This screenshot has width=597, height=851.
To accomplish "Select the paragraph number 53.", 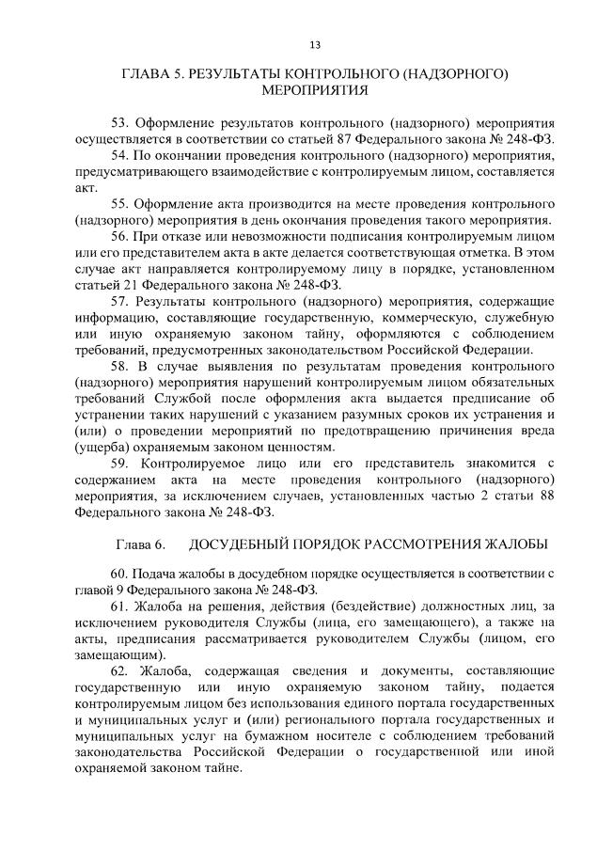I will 119,122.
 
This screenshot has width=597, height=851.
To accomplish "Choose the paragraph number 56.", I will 119,235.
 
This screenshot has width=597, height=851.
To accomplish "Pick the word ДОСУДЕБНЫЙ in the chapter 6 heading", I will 241,545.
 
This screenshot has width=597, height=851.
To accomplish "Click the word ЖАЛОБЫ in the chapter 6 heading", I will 517,545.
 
